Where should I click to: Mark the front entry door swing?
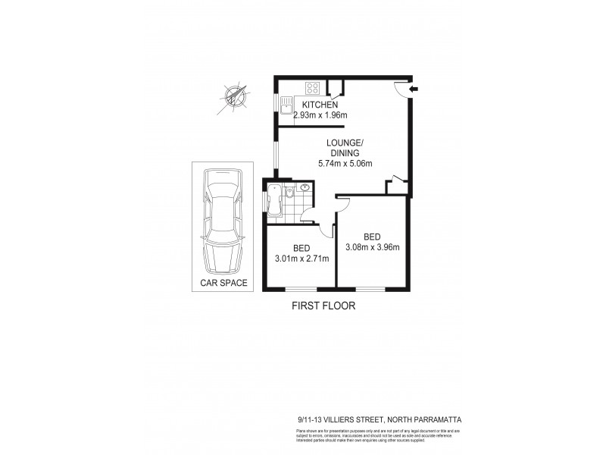pos(401,88)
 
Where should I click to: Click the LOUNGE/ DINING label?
pos(345,147)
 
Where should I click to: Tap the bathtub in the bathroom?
pos(273,199)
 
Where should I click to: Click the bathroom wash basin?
pos(305,188)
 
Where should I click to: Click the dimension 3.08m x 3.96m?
pos(372,246)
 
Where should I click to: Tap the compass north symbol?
pos(233,97)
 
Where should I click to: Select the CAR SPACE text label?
pos(223,284)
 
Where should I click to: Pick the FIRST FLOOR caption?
pos(323,306)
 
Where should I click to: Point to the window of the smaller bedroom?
pos(301,290)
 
